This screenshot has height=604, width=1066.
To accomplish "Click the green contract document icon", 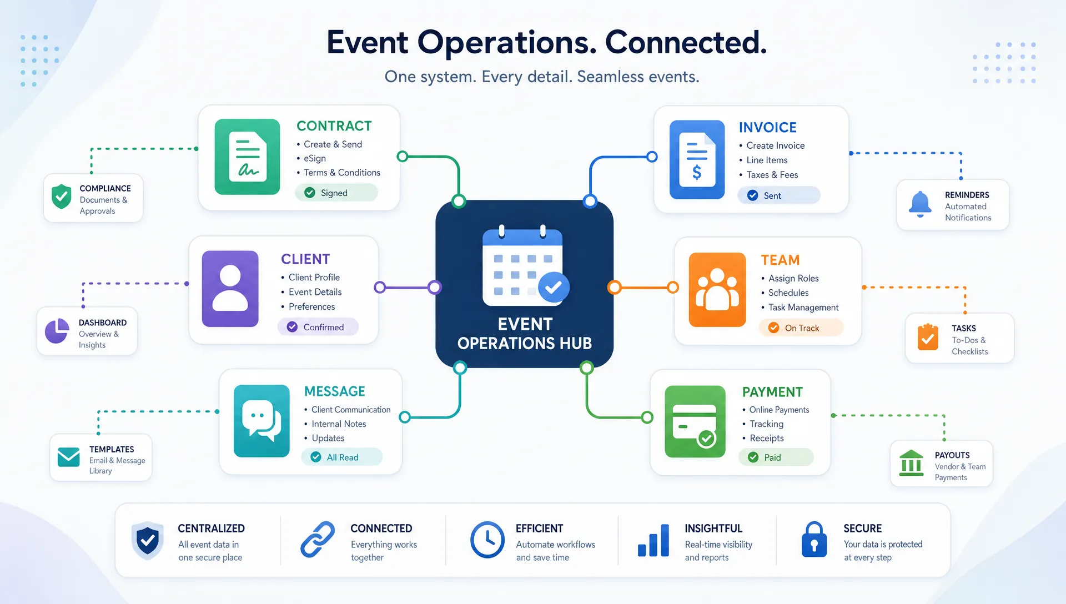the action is tap(247, 157).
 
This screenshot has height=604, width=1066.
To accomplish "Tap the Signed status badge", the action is tap(336, 193).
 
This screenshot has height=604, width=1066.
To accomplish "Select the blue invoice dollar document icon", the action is tap(697, 159).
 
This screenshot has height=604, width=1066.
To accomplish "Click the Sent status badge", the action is tap(778, 195).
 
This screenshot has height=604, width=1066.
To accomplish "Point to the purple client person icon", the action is tap(230, 289).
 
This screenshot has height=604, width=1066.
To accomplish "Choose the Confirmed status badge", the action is tap(318, 327).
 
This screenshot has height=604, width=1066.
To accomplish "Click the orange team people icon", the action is tap(717, 290).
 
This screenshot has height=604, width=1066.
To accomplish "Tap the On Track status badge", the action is tap(801, 328).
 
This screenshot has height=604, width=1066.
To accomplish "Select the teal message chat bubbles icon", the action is tap(262, 421).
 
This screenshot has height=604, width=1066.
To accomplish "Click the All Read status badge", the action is tap(342, 457).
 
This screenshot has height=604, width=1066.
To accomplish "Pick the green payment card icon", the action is tap(695, 421).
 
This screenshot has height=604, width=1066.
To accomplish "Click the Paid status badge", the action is tap(776, 457).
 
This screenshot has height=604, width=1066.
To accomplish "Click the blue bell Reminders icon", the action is tap(920, 204).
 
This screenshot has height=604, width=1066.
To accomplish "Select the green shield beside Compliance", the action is tap(62, 197).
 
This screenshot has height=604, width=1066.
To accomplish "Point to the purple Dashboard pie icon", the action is tap(57, 331).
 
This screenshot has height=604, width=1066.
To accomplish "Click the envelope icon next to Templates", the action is tap(69, 457).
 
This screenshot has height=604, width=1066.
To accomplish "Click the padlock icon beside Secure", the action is tap(814, 540).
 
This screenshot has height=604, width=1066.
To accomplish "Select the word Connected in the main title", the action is tap(686, 42).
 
